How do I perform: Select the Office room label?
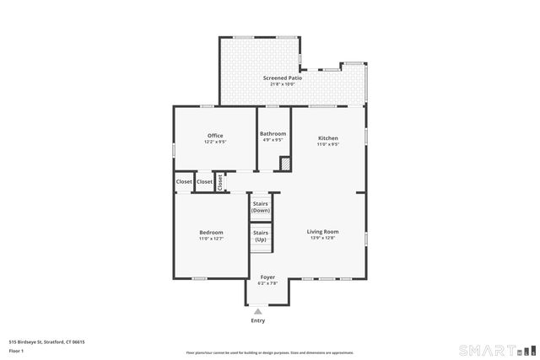pyautogui.click(x=215, y=136)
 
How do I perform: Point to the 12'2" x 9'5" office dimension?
pyautogui.click(x=215, y=142)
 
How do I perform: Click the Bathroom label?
pyautogui.click(x=273, y=133)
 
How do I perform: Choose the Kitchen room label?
pyautogui.click(x=327, y=138)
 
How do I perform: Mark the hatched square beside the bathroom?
pyautogui.click(x=285, y=164)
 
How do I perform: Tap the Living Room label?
pyautogui.click(x=322, y=232)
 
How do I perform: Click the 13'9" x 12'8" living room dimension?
pyautogui.click(x=322, y=238)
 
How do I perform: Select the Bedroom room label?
pyautogui.click(x=211, y=233)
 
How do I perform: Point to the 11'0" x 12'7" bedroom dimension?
pyautogui.click(x=211, y=239)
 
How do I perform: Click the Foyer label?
pyautogui.click(x=267, y=277)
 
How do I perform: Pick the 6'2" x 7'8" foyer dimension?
pyautogui.click(x=267, y=283)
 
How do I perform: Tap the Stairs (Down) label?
pyautogui.click(x=261, y=207)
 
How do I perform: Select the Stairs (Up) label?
pyautogui.click(x=261, y=235)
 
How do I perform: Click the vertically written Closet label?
pyautogui.click(x=219, y=181)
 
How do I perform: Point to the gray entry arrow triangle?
pyautogui.click(x=258, y=311)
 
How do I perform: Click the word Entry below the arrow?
pyautogui.click(x=258, y=320)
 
